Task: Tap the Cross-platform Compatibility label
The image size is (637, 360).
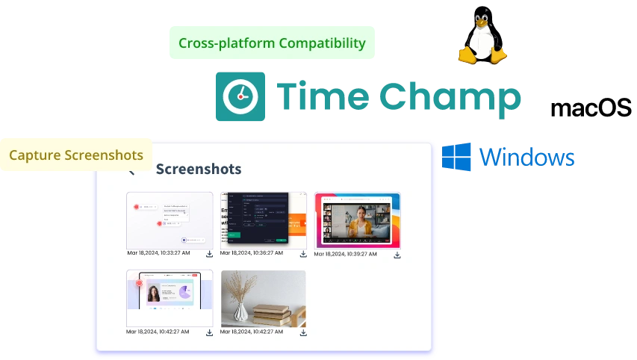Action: coord(272,43)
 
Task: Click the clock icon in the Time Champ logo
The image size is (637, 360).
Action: coord(240,97)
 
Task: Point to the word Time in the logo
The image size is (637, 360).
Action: coord(321,97)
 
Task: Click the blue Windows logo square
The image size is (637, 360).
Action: coord(456,156)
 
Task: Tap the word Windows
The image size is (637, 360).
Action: coord(527,157)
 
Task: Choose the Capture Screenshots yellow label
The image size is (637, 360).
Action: coord(75,155)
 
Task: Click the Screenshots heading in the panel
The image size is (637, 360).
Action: coord(199,169)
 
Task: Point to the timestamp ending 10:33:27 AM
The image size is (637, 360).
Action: coord(158,253)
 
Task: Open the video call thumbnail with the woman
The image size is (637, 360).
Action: coord(357,220)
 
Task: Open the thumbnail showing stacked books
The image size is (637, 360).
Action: coord(264,298)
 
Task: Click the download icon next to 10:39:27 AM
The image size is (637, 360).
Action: coord(397,255)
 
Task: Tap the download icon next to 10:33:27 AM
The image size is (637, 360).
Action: coord(210,255)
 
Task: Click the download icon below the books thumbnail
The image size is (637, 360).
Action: coord(303,332)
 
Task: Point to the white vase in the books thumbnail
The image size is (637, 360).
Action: coord(243,311)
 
